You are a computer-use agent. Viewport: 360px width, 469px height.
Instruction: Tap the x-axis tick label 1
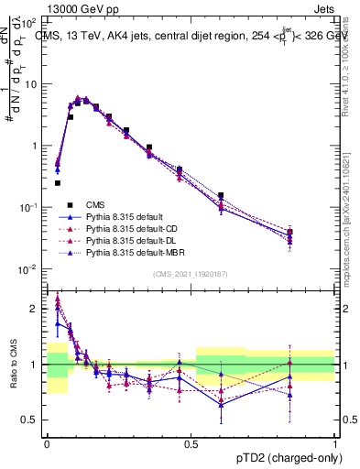pyautogui.click(x=334, y=443)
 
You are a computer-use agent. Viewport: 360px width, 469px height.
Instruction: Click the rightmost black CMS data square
pyautogui.click(x=315, y=233)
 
